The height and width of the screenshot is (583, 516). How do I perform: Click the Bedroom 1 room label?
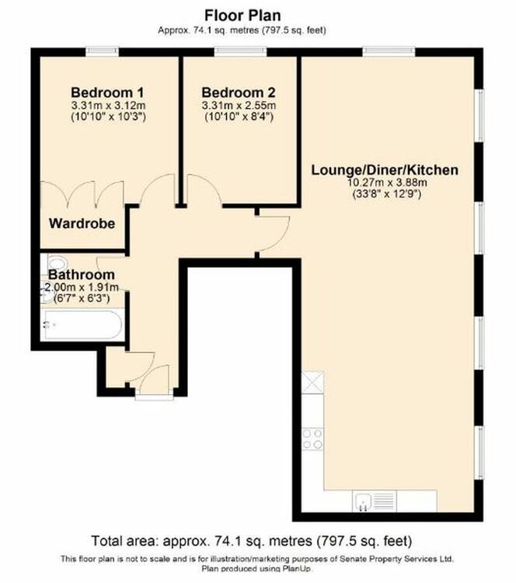pyautogui.click(x=107, y=93)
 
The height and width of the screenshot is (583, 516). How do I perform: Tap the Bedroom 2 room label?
pyautogui.click(x=239, y=93)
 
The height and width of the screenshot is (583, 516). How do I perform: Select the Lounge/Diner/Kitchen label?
pyautogui.click(x=385, y=170)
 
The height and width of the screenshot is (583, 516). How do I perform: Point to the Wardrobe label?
pyautogui.click(x=82, y=223)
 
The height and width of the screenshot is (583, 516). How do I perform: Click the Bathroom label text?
pyautogui.click(x=82, y=274)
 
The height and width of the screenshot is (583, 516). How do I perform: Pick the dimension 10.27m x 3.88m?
pyautogui.click(x=387, y=183)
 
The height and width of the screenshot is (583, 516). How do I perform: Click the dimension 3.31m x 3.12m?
pyautogui.click(x=108, y=106)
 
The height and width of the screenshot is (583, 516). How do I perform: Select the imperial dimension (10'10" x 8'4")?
pyautogui.click(x=239, y=117)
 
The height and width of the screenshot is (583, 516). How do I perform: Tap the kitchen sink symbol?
pyautogui.click(x=375, y=501)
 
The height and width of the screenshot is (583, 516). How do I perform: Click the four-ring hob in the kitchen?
pyautogui.click(x=312, y=439)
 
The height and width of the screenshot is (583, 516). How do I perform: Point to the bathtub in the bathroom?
pyautogui.click(x=82, y=325)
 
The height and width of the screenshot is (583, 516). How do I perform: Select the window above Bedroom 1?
pyautogui.click(x=103, y=51)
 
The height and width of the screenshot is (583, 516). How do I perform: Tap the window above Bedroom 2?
pyautogui.click(x=241, y=51)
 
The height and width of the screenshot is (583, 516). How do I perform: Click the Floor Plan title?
pyautogui.click(x=242, y=16)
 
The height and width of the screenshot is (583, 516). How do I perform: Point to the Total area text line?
pyautogui.click(x=252, y=541)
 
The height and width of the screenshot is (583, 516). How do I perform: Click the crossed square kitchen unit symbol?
pyautogui.click(x=312, y=382)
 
